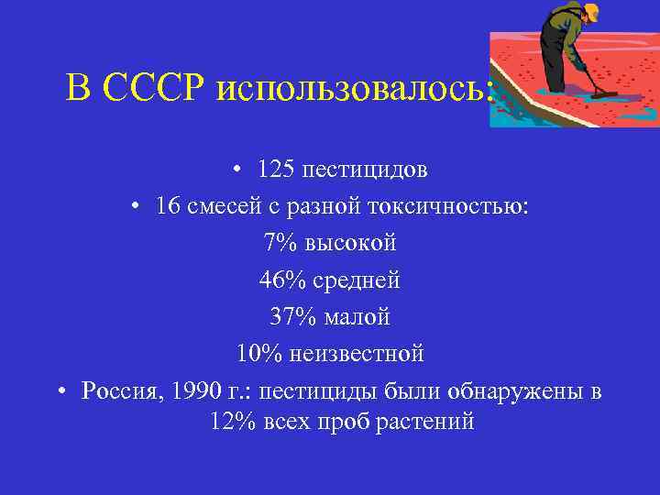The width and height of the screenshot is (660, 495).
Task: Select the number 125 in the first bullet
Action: click(x=274, y=170)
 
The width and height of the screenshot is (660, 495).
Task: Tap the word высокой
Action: click(x=352, y=243)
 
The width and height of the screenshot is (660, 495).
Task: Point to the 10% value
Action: click(x=259, y=353)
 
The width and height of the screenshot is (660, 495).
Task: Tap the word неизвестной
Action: click(x=357, y=353)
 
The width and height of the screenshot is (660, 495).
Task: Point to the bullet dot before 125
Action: click(x=236, y=170)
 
